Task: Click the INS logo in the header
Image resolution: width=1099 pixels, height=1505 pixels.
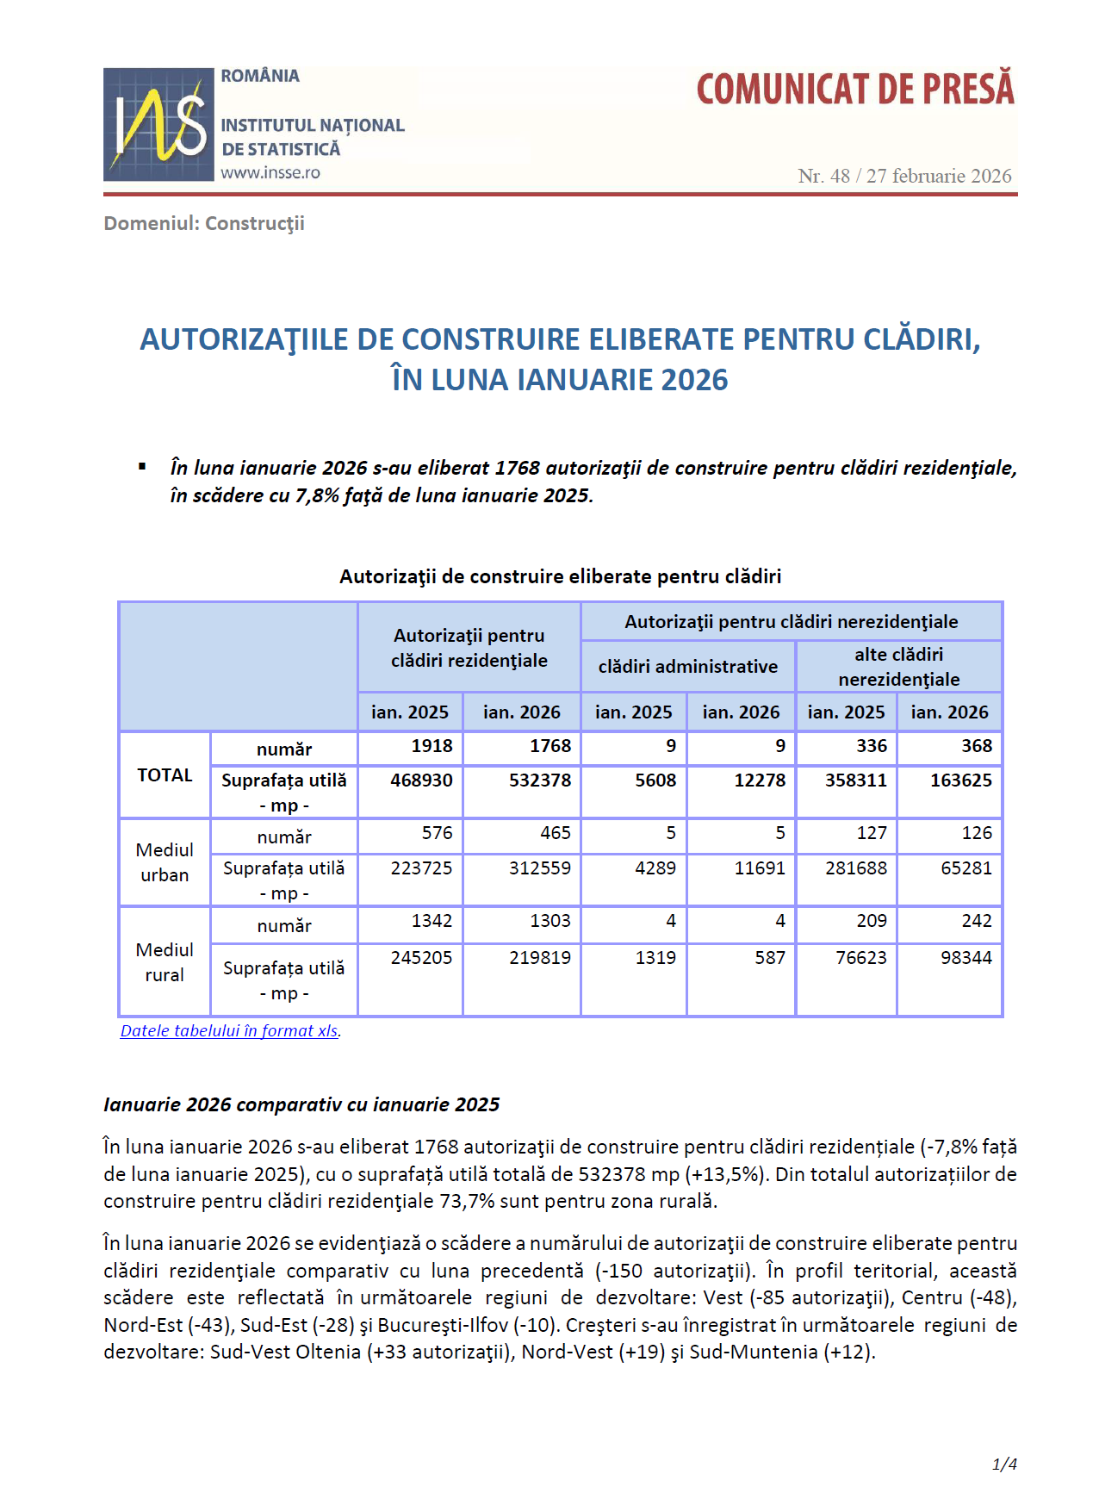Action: click(158, 125)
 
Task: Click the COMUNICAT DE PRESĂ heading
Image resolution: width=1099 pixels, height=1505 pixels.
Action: click(854, 90)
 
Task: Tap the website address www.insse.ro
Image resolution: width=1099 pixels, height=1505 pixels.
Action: click(270, 172)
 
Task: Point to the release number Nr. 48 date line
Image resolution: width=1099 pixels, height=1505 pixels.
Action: click(903, 176)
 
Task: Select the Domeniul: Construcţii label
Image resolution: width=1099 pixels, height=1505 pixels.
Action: click(204, 224)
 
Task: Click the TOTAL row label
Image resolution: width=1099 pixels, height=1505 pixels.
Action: click(165, 775)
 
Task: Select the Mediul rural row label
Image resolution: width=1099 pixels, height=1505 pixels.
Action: click(165, 962)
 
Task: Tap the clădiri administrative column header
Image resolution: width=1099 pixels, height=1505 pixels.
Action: click(687, 667)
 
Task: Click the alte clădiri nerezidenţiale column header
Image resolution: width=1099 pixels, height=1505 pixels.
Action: click(898, 667)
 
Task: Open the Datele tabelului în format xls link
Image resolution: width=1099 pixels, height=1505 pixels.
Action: click(229, 1031)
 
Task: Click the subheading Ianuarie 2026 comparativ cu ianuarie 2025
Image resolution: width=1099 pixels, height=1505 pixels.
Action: click(301, 1105)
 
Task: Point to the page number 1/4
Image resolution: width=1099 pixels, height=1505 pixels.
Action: click(1004, 1465)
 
